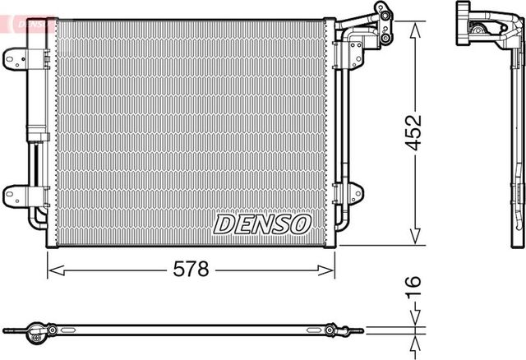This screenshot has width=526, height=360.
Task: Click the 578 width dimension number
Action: point(191,269)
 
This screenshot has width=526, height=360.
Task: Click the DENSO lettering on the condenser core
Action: point(262,223)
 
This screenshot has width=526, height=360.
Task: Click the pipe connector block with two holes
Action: point(381,16)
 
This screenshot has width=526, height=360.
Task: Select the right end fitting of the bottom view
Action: point(333,331)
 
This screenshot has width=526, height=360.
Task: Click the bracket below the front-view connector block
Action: point(355,53)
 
